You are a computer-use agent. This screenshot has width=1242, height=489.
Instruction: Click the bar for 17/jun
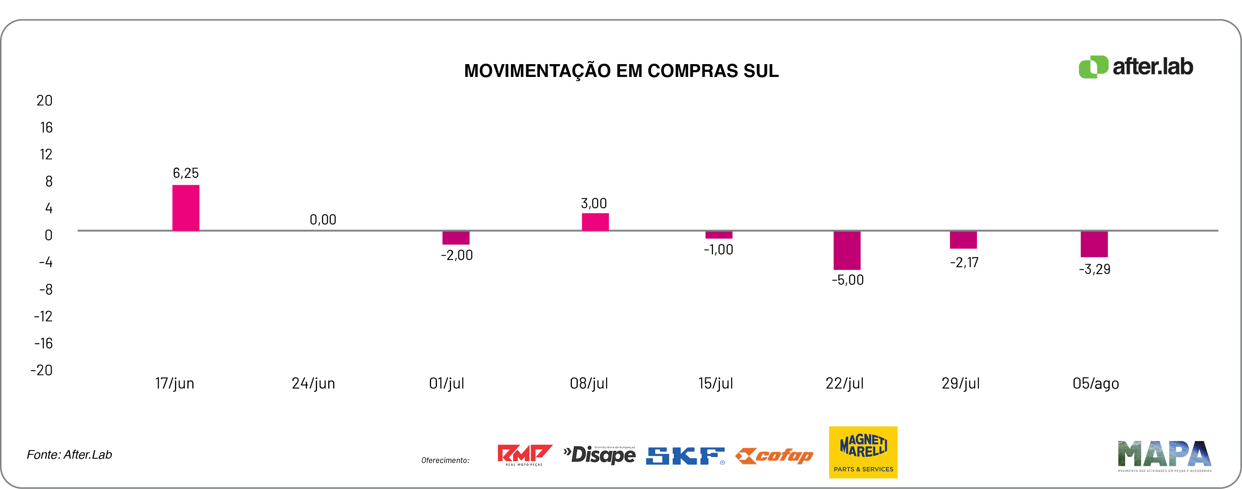186,208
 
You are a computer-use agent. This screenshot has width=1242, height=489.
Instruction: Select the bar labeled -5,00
847,250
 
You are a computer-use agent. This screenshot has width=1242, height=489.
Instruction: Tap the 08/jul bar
595,221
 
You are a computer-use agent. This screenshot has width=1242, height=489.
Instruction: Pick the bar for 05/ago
1094,244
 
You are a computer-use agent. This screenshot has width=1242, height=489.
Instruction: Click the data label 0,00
323,220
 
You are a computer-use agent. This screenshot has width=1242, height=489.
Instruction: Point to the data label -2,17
964,262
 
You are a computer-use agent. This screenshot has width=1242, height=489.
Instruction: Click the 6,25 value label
186,173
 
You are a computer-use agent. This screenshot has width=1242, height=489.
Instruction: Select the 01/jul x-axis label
446,383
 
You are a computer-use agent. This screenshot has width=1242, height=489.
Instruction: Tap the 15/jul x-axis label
715,383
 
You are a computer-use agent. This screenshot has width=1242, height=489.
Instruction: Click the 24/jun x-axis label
313,383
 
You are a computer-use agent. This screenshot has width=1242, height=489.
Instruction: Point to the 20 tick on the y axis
44,100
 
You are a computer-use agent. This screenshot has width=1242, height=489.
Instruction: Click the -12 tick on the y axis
44,316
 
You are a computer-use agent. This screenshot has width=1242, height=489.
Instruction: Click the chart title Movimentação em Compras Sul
621,71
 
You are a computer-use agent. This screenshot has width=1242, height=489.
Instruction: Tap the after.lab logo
1135,67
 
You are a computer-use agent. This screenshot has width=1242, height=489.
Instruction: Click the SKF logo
685,456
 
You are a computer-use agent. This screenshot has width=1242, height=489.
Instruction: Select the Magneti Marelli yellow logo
863,452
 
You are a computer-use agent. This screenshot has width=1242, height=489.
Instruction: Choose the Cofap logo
774,456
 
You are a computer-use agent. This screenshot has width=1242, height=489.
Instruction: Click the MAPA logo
1164,455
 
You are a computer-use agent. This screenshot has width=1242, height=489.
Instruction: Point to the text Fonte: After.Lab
70,455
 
